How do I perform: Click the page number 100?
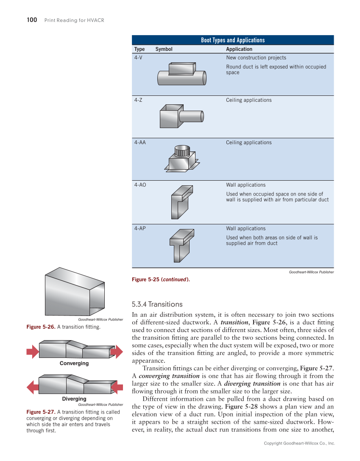tap(32, 20)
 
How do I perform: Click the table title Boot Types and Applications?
tap(233, 40)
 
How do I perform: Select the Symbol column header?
tap(164, 49)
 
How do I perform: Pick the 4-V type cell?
tap(138, 58)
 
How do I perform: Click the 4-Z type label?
tap(138, 100)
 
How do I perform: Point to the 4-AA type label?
tap(140, 142)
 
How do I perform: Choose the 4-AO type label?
tap(140, 185)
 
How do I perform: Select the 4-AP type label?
tap(140, 228)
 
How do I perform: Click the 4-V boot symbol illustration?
tap(182, 74)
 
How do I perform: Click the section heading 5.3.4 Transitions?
tap(157, 304)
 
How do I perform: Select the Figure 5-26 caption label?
tap(41, 327)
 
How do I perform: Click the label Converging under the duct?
tap(74, 363)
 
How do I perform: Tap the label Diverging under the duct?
tap(74, 399)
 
